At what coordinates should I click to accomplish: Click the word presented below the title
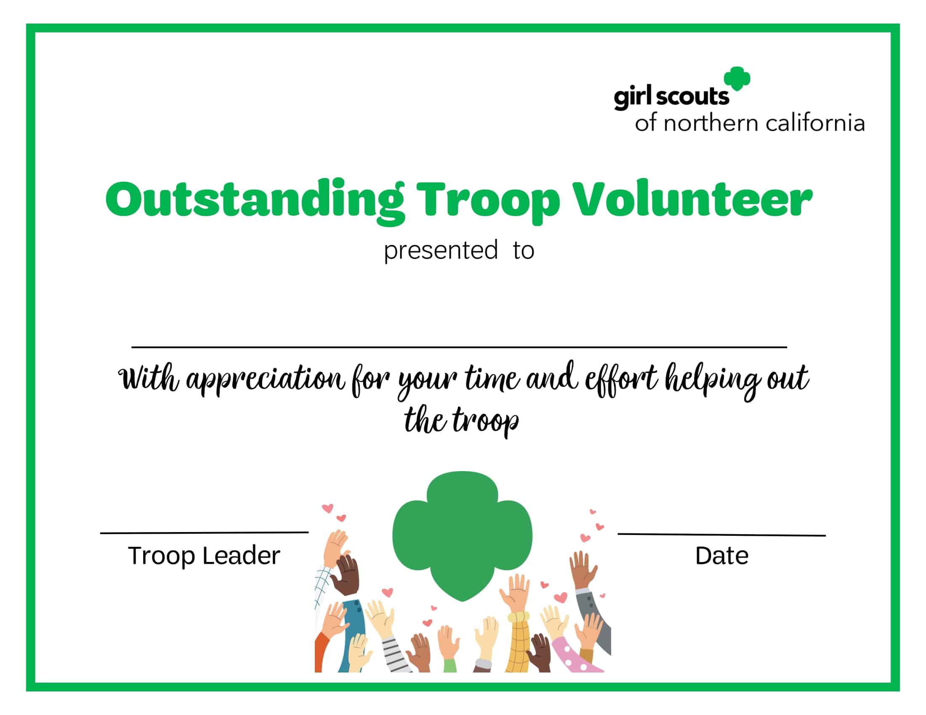441,251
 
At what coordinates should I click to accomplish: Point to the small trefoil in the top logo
737,79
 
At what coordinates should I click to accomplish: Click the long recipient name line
459,347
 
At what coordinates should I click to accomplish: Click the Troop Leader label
204,555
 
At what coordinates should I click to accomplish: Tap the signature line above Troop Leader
204,532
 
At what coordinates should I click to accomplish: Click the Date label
721,555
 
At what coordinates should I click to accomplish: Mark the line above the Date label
721,535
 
